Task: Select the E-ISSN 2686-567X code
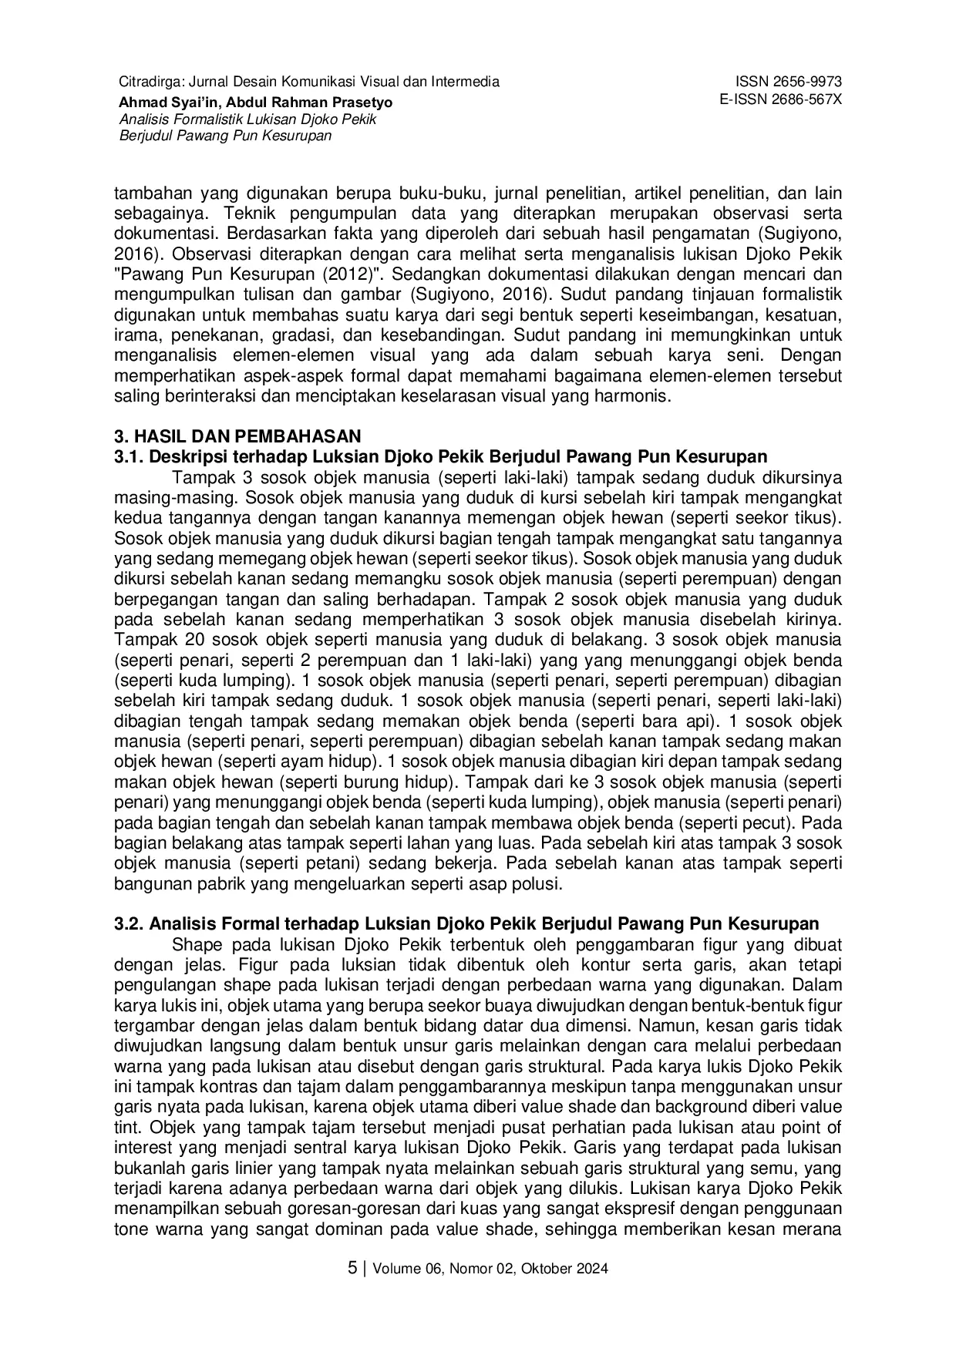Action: coord(780,100)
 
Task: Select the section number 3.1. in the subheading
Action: coord(128,456)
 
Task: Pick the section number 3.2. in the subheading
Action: coord(128,923)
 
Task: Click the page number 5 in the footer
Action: coord(352,1268)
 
